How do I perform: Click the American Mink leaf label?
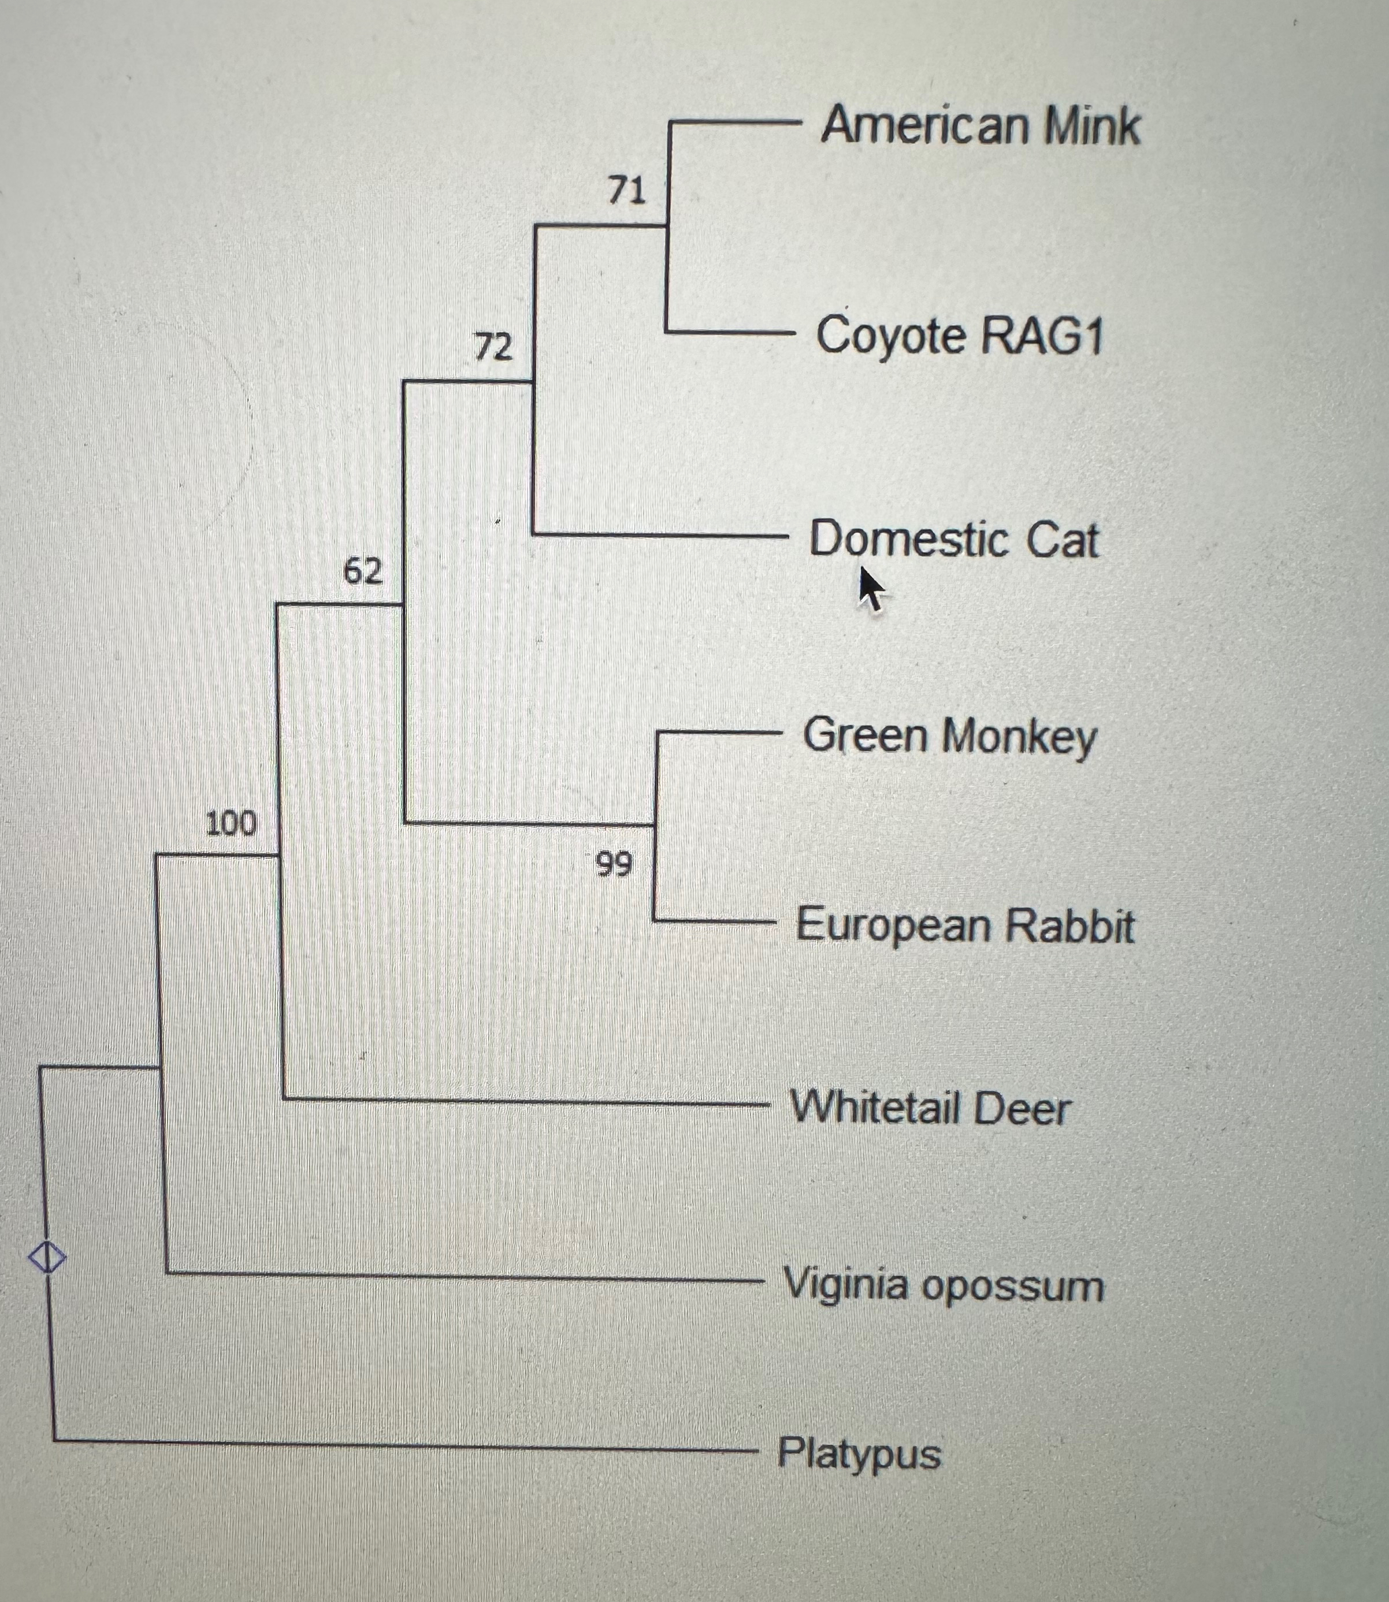tap(980, 125)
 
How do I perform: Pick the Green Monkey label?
tap(949, 736)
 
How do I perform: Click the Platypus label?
tap(859, 1452)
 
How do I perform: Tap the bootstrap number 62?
tap(363, 571)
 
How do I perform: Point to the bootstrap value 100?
tap(231, 823)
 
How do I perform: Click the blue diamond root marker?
tap(46, 1257)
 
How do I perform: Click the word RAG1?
tap(1041, 336)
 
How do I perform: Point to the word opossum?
tap(1012, 1287)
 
